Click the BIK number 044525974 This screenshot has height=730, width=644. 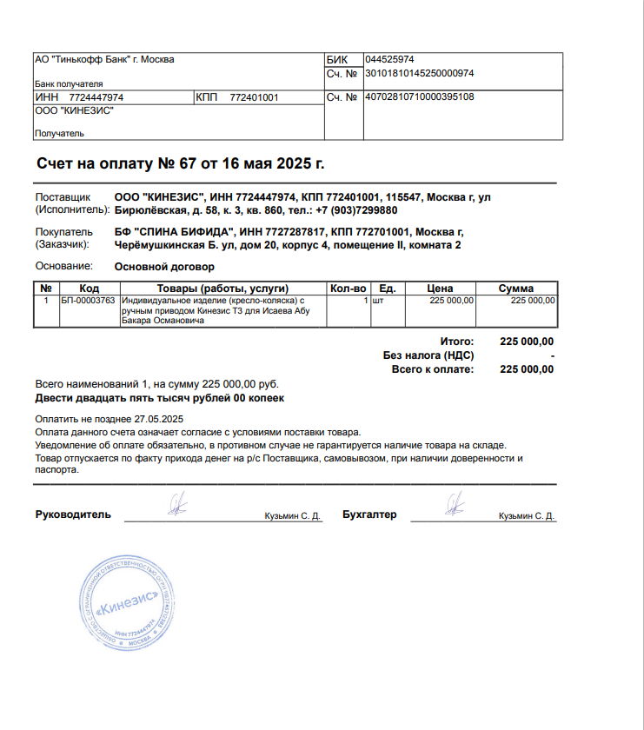[x=389, y=59]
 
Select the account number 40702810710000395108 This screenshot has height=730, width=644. [x=419, y=96]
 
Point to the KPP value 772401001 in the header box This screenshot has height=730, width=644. [x=254, y=97]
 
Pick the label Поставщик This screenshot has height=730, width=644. [x=63, y=198]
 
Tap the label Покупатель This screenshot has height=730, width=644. [x=63, y=233]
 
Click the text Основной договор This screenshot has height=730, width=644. [x=164, y=267]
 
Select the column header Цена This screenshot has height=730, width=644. [x=441, y=289]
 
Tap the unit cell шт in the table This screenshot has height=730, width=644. [x=377, y=301]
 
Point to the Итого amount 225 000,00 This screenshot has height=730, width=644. [x=527, y=342]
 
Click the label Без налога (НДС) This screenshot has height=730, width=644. [x=428, y=355]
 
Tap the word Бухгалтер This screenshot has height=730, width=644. [x=369, y=514]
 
